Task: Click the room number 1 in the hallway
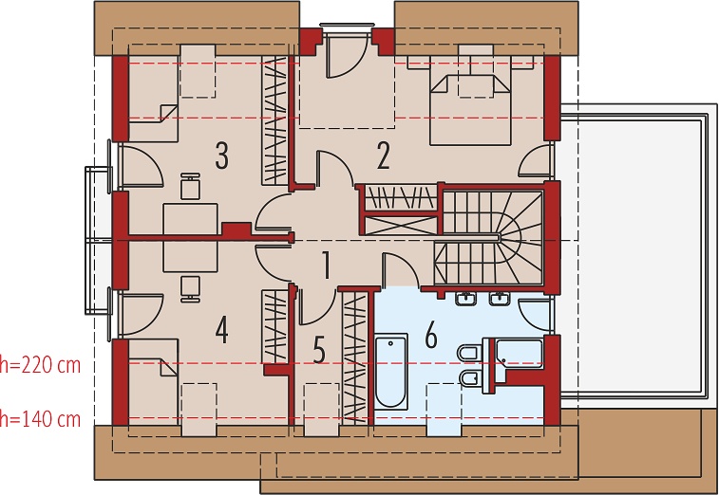point(326,265)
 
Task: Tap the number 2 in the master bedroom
point(384,156)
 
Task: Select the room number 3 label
point(222,156)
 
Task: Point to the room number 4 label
point(222,330)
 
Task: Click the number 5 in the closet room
point(319,349)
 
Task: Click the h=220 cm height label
point(40,365)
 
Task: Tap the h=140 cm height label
point(40,419)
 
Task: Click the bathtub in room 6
point(391,372)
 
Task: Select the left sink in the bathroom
point(466,299)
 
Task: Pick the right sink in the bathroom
point(499,299)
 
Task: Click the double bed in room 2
point(470,110)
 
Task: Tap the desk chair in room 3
point(190,187)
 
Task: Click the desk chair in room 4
point(190,289)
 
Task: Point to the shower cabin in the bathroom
point(520,360)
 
